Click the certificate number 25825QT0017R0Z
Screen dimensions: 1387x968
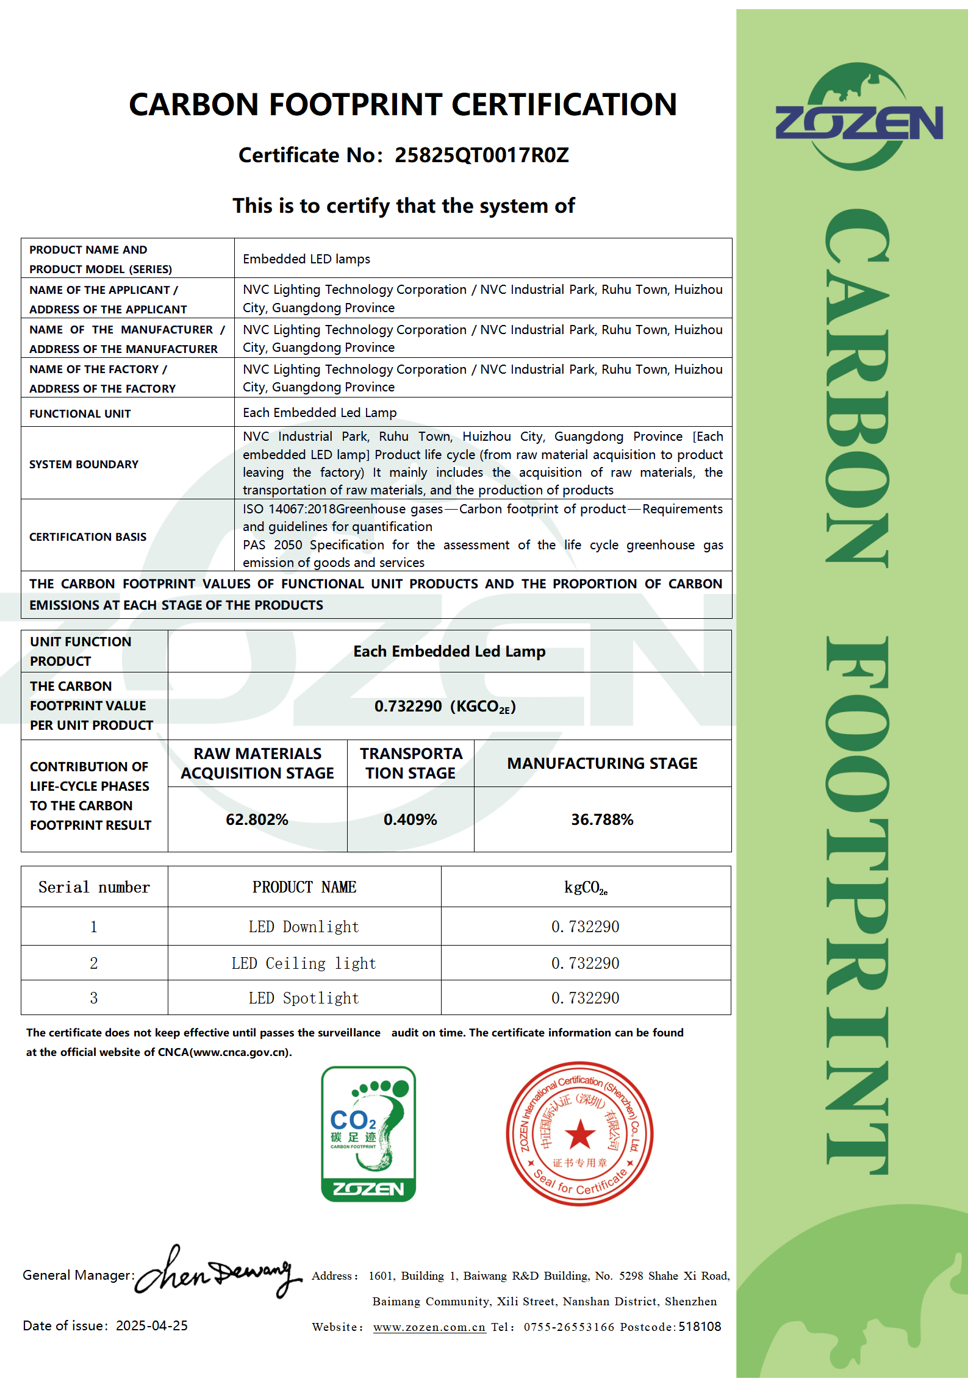[481, 155]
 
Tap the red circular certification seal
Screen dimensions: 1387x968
[579, 1134]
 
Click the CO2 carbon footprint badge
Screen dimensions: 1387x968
[368, 1134]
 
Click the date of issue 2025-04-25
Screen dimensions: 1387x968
[152, 1326]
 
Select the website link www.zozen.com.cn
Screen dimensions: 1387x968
[429, 1327]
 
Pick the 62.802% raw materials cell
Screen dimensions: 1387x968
[257, 819]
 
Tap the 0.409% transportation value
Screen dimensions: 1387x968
[410, 819]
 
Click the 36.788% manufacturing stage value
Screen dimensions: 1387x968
[602, 819]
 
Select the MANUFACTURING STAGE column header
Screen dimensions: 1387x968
[602, 763]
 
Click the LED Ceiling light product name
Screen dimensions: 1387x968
[304, 963]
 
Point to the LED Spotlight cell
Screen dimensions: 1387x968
[304, 998]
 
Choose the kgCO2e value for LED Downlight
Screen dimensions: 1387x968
[585, 927]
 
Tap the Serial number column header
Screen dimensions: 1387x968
[94, 887]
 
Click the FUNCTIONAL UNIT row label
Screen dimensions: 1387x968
[80, 413]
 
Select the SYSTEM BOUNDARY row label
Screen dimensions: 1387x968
[84, 464]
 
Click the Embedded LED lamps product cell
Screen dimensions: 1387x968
[306, 259]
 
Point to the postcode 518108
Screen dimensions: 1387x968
[700, 1327]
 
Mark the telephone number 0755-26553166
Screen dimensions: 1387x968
[568, 1327]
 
